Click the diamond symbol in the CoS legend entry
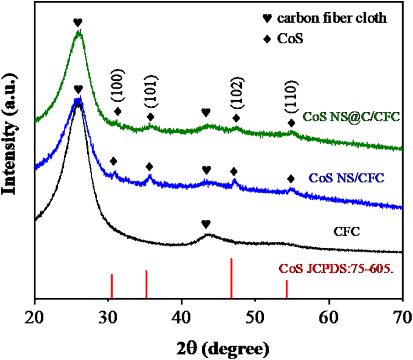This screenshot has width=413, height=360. tap(266, 40)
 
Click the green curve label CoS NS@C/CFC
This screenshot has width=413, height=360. tap(351, 117)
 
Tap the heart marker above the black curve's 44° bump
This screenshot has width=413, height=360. tap(206, 224)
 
